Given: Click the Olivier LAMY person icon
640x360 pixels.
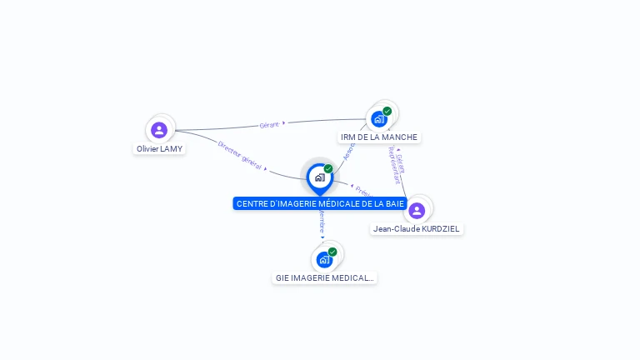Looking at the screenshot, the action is (x=159, y=129).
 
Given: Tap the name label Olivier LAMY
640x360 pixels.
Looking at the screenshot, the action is (x=159, y=149).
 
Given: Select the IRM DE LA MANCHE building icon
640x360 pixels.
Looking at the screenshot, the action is (x=379, y=118).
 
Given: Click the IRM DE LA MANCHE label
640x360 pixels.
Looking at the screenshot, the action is (x=379, y=137).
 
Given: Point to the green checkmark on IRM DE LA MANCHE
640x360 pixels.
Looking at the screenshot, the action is (x=387, y=111).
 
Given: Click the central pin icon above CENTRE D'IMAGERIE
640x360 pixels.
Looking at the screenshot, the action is (x=319, y=177).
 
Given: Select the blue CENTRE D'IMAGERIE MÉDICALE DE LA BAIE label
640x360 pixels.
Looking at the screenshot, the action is (x=320, y=203).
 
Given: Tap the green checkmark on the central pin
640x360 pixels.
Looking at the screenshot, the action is (x=328, y=168).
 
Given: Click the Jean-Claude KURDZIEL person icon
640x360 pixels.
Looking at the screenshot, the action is (x=417, y=210).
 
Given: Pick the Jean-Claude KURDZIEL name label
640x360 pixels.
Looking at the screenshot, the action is (x=417, y=229).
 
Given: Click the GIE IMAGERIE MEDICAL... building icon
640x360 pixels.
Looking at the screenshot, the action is (x=324, y=259).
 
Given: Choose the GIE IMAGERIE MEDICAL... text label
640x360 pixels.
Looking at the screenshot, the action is (x=325, y=277).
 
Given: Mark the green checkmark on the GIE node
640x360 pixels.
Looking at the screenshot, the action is (x=332, y=252).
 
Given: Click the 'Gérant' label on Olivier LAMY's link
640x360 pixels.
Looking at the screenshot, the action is (x=269, y=124).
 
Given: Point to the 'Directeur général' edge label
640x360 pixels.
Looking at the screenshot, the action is (x=240, y=156).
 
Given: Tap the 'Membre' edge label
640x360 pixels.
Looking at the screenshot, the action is (x=322, y=221).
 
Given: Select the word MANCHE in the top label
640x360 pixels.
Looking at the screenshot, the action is (x=400, y=137).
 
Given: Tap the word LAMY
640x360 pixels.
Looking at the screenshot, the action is (x=172, y=149).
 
